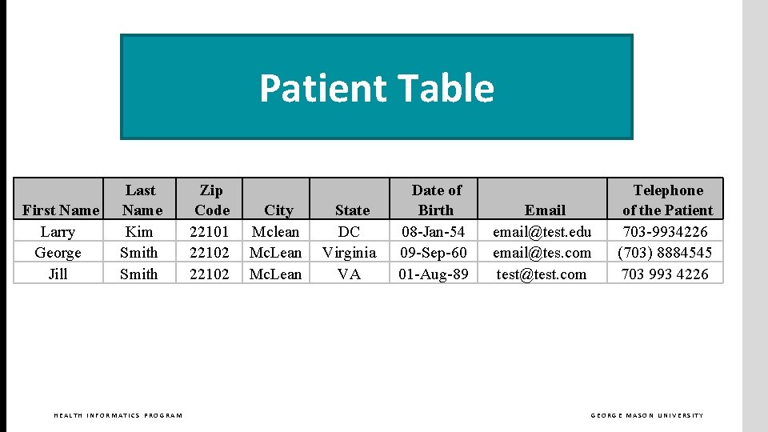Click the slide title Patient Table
376,88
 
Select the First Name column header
61,210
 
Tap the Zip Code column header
211,200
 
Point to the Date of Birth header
436,200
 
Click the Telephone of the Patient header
667,200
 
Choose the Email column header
545,210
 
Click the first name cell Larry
58,232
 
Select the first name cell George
58,253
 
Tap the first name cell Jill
58,274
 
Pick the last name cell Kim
139,232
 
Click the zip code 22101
210,232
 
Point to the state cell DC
350,232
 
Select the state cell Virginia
350,253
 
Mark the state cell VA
350,274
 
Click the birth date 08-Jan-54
434,232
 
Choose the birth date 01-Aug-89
434,274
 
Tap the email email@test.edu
542,232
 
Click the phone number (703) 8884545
665,253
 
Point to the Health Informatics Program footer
118,415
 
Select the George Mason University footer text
647,415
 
